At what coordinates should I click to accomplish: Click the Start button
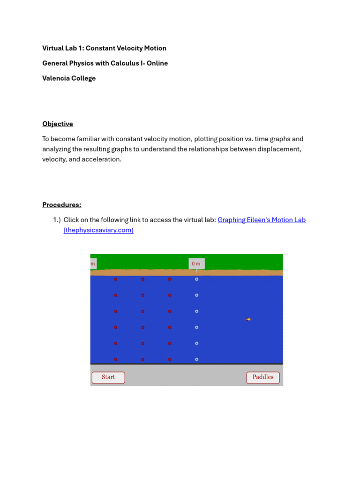[x=108, y=377]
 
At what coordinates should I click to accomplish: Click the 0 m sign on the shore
[x=196, y=264]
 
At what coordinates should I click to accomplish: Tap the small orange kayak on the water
[x=248, y=319]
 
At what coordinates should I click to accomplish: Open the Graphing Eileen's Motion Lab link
[x=262, y=220]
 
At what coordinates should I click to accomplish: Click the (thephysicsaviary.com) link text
[x=98, y=230]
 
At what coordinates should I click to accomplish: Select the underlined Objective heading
[x=58, y=124]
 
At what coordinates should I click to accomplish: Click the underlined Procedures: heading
[x=62, y=205]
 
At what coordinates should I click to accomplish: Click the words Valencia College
[x=69, y=78]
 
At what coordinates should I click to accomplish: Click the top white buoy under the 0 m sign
[x=196, y=279]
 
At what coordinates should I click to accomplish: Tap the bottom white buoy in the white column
[x=196, y=360]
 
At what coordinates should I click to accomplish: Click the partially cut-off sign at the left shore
[x=93, y=264]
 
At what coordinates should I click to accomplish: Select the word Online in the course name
[x=157, y=63]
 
